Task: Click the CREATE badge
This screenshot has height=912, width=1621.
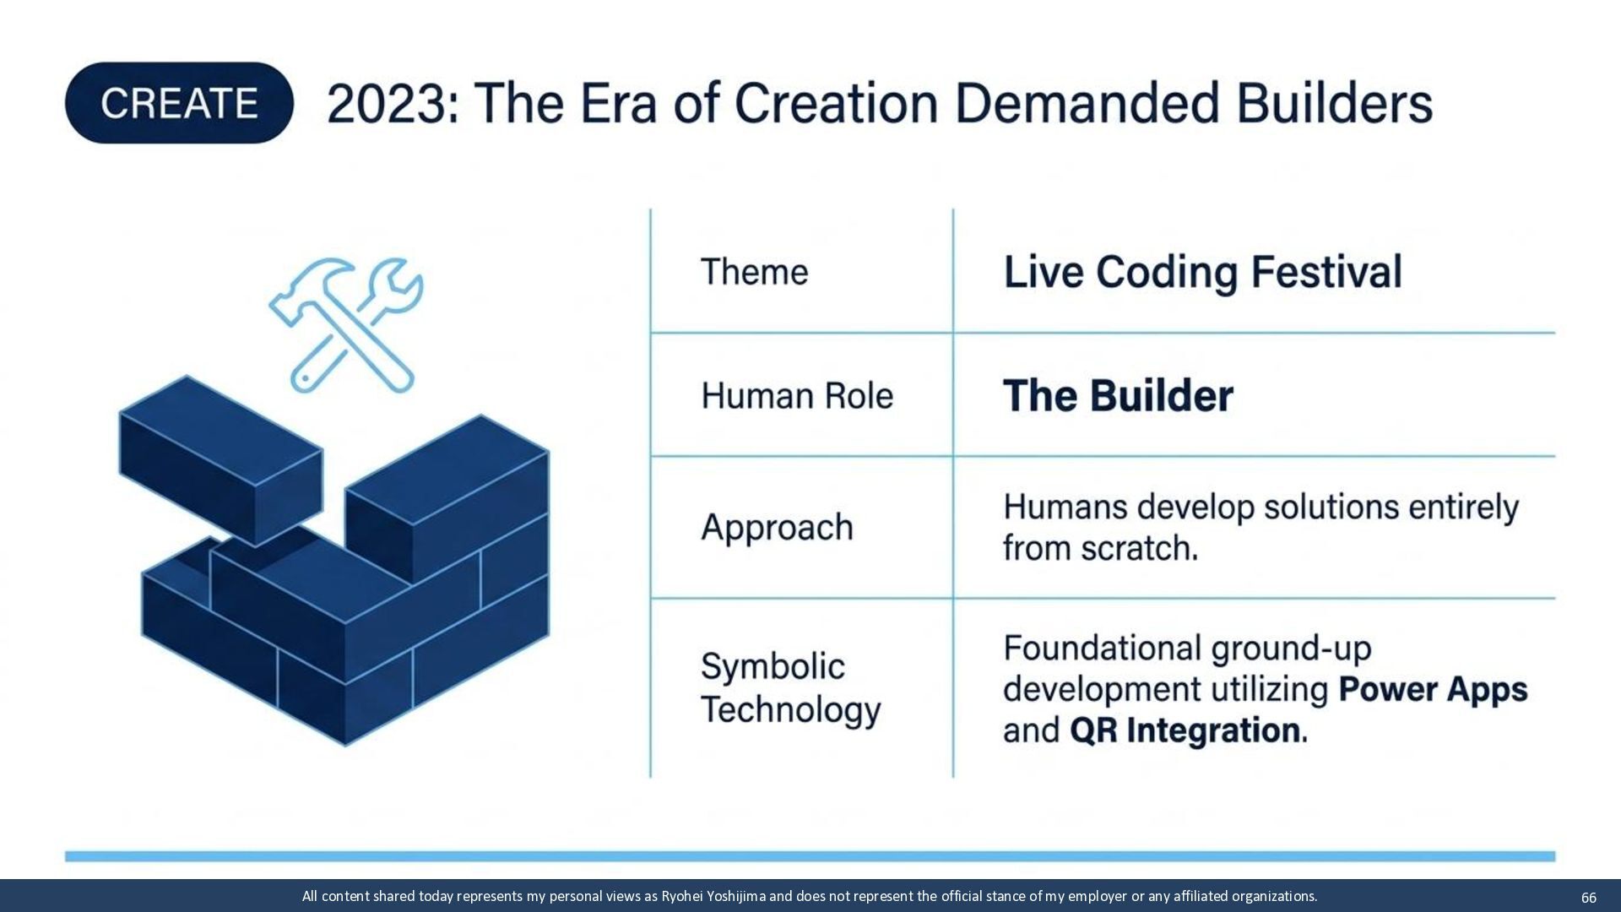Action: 179,103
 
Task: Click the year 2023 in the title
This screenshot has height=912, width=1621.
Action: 386,104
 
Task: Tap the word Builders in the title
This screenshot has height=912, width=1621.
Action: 1335,103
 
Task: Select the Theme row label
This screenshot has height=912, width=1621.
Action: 754,272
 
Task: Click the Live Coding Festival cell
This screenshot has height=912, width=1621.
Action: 1202,272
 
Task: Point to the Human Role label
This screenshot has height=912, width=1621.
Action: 797,395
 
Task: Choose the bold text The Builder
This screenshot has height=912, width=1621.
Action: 1118,396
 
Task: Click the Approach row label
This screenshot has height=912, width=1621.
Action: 777,528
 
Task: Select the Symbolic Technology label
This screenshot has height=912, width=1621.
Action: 790,687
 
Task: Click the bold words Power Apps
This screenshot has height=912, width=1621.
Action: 1433,690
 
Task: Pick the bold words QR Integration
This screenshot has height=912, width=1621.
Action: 1185,730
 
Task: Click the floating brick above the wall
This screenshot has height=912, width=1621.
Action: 220,460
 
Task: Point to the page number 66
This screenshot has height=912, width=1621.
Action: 1588,898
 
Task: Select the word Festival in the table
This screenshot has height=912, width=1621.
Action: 1326,272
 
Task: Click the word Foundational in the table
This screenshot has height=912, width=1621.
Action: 1102,649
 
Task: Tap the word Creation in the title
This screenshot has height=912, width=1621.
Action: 836,104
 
